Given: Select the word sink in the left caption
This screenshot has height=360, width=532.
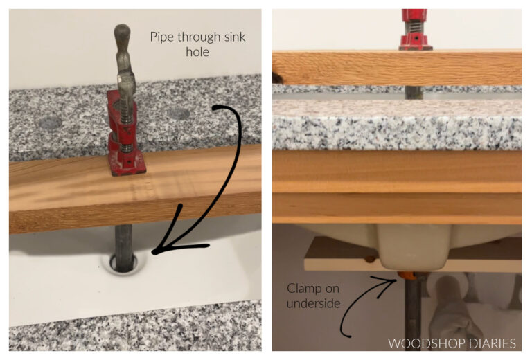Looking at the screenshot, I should (x=232, y=37).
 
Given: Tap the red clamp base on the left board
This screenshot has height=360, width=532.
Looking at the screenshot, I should (x=127, y=163).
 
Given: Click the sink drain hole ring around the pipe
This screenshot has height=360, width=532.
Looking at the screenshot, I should (x=123, y=262).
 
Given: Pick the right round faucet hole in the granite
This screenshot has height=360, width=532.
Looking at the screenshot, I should (x=178, y=113).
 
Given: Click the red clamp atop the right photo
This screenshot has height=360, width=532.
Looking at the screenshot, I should (x=415, y=30).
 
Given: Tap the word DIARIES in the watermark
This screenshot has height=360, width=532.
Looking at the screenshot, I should (x=493, y=343).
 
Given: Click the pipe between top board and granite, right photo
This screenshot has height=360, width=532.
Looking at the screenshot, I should (x=412, y=92).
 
